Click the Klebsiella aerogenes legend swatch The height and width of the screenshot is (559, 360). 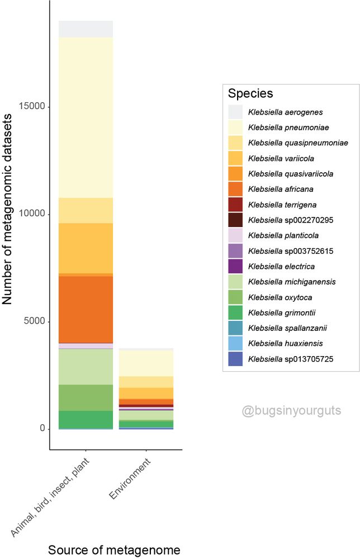click(235, 112)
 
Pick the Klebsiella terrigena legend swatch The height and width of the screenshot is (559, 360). click(235, 205)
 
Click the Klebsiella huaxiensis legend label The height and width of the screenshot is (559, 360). click(285, 343)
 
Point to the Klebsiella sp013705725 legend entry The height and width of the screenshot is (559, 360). click(291, 359)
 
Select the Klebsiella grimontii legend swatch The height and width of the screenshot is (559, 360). click(235, 312)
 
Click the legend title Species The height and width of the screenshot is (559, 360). click(250, 94)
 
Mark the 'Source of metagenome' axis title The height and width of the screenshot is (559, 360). click(114, 550)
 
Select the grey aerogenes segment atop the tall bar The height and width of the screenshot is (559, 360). click(86, 29)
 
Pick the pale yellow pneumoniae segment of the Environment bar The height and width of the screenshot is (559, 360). click(146, 363)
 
